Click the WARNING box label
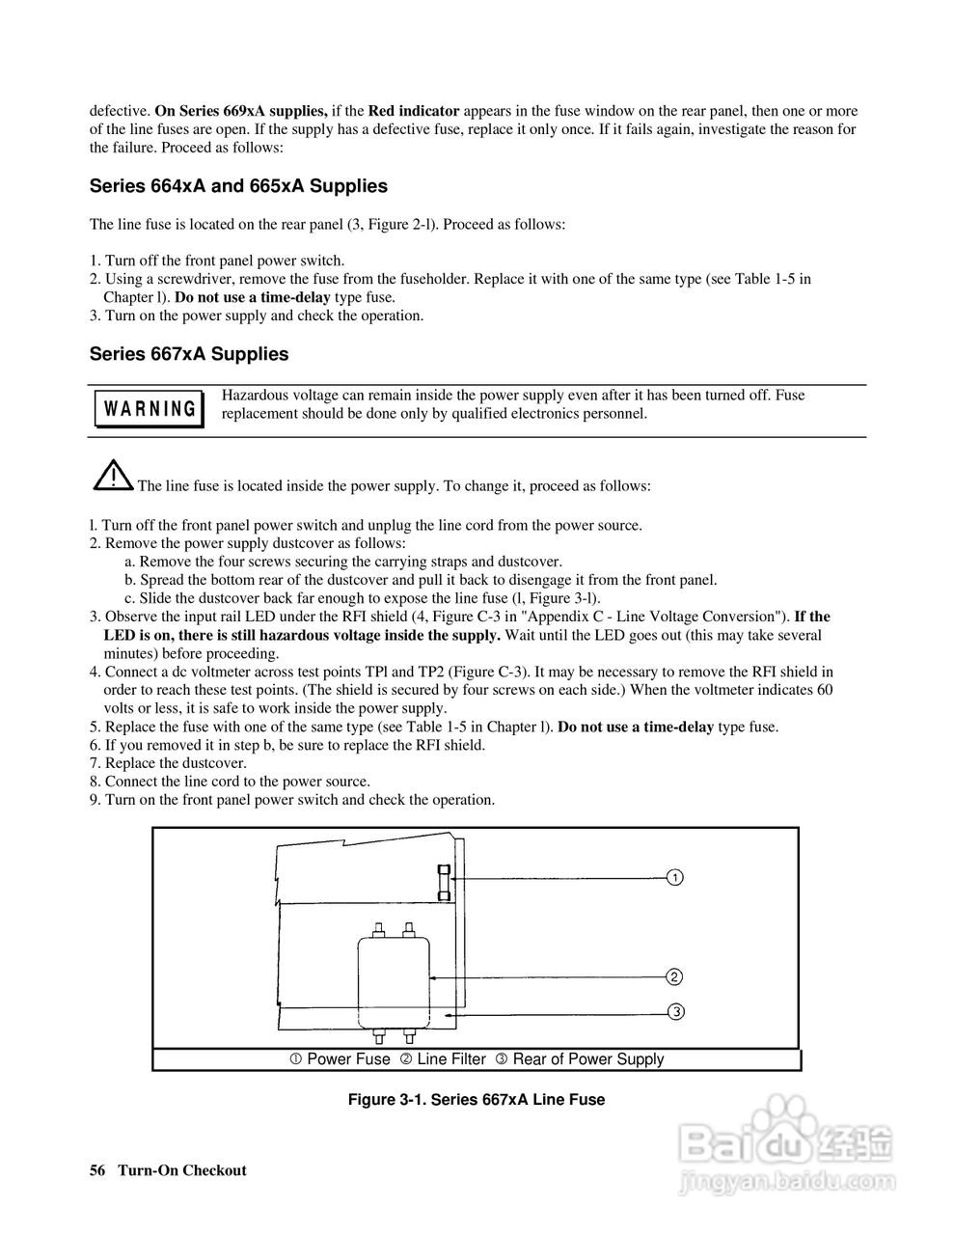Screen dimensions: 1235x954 point(149,408)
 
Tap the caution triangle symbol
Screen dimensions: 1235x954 point(113,474)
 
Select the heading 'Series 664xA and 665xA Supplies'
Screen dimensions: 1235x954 point(238,186)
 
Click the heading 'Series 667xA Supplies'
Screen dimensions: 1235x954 point(189,354)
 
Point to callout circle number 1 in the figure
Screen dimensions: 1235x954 point(675,877)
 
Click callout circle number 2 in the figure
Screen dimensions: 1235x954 point(675,976)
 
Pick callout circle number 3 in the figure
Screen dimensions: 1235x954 point(675,1011)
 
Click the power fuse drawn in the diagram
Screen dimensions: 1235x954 point(444,882)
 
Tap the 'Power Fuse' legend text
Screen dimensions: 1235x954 point(347,1059)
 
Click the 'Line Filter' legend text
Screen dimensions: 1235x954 point(450,1059)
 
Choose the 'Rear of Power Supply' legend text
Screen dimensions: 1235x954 point(587,1059)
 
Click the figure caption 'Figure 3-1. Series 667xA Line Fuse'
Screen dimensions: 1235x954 point(477,1099)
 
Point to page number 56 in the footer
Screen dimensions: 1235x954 point(97,1170)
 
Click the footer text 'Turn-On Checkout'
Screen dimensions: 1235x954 point(182,1170)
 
